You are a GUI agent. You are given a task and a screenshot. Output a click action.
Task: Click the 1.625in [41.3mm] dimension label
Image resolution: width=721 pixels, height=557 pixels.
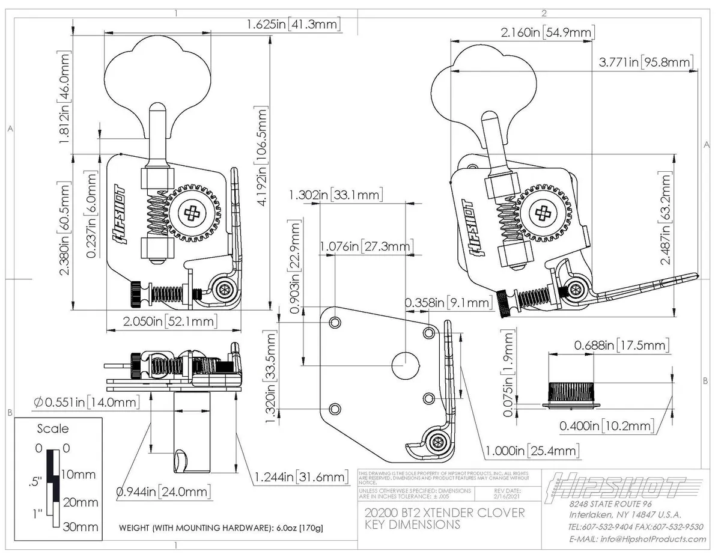coord(294,25)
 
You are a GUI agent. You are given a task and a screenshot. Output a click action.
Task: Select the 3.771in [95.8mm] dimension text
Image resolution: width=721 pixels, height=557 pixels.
coord(646,62)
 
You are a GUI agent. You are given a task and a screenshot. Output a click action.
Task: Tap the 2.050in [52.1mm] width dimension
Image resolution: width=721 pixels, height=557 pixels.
coord(169,321)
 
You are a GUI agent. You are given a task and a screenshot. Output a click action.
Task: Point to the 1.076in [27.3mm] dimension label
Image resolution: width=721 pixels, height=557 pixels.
coord(366,246)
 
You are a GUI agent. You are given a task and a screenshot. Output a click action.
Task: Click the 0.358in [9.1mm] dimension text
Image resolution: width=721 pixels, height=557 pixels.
coord(448,303)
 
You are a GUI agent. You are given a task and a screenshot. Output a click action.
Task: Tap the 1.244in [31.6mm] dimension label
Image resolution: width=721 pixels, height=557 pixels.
coord(301,477)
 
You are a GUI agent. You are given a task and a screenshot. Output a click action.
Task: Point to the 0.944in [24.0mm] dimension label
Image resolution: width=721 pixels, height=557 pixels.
coord(163,492)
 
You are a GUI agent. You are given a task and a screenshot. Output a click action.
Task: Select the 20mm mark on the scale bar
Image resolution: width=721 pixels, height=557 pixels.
coord(80,502)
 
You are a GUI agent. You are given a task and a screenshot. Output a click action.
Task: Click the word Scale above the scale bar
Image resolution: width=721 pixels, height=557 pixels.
coord(53,429)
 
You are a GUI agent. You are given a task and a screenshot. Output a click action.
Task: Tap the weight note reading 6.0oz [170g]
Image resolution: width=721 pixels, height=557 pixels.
coord(221,528)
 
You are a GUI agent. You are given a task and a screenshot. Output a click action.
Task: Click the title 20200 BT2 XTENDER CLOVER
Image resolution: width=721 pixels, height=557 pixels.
coord(445,513)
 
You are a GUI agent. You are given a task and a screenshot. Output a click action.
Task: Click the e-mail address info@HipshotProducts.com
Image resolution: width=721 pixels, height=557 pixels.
coord(637,539)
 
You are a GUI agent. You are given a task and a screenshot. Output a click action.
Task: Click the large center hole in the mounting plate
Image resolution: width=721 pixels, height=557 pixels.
coord(404,364)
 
